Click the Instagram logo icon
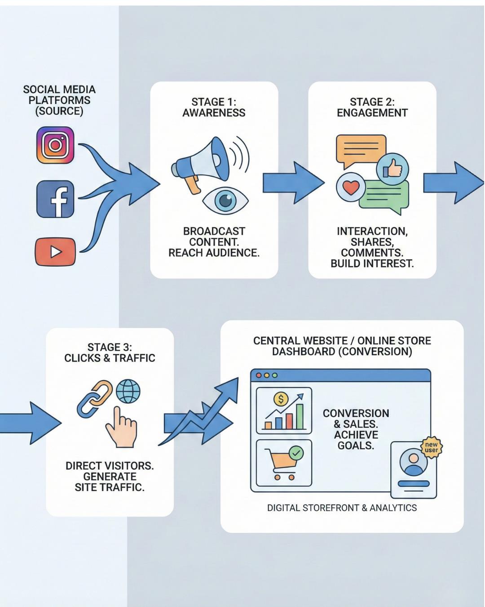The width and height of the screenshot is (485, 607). (55, 145)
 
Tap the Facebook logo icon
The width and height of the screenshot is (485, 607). (55, 199)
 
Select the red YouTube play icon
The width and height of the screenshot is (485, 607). (55, 251)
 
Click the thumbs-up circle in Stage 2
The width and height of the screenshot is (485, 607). (392, 169)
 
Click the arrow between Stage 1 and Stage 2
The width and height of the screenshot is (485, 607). (293, 183)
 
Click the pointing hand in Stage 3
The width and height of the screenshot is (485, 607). (119, 427)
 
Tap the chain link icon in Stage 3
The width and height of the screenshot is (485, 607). (95, 398)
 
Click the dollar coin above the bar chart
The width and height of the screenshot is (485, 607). (281, 399)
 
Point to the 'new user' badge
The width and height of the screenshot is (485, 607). (431, 447)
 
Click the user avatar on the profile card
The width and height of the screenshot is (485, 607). (413, 463)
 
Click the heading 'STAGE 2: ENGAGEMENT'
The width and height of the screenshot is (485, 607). (372, 107)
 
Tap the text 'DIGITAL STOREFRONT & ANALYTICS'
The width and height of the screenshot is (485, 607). (342, 508)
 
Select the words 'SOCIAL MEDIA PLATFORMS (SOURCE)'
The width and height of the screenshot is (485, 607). (59, 100)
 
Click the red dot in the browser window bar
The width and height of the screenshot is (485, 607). (258, 375)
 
